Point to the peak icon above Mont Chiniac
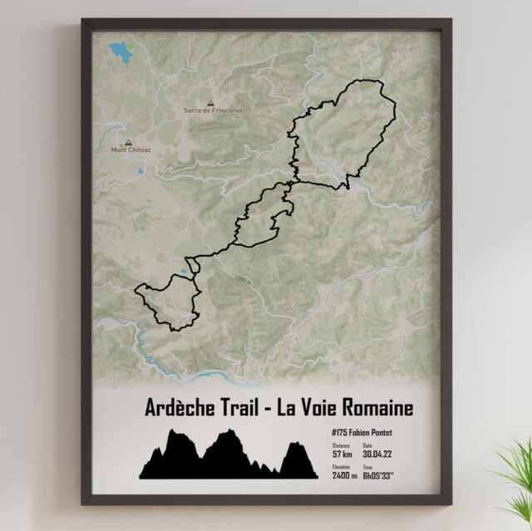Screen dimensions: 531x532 click(x=129, y=141)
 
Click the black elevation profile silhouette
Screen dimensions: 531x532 click(x=224, y=459)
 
